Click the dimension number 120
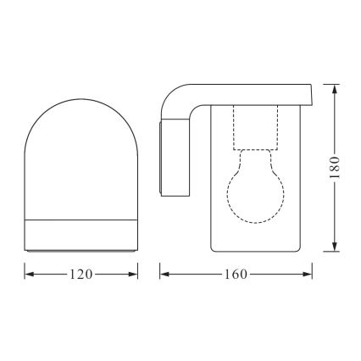(x=81, y=275)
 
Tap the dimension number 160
(x=236, y=275)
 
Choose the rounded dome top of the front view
(x=81, y=102)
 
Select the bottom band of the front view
(x=81, y=236)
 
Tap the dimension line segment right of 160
(x=280, y=275)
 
